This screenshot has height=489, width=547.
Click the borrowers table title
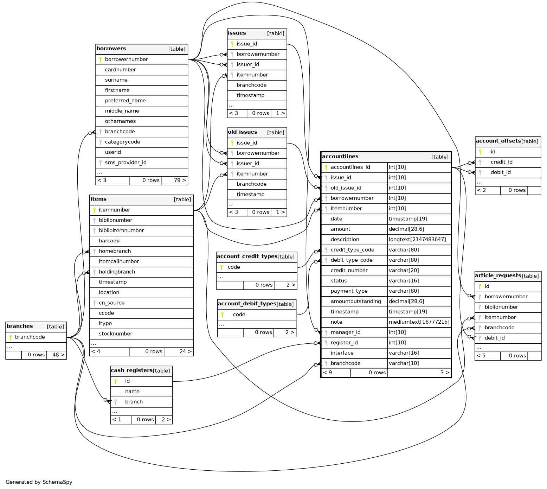[111, 49]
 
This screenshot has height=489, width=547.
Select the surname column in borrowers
[116, 80]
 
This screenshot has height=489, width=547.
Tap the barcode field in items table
[109, 241]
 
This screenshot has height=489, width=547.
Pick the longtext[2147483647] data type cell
[417, 240]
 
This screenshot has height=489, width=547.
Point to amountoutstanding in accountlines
[355, 301]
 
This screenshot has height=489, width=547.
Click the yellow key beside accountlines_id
[326, 167]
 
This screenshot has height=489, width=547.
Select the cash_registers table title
[131, 370]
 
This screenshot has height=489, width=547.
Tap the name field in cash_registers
[132, 391]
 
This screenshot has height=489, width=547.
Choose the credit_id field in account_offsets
[501, 162]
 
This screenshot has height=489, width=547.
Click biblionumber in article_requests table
[501, 307]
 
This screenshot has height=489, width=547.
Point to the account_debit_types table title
[247, 304]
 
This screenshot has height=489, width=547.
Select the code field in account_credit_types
[234, 267]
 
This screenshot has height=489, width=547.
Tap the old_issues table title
[242, 132]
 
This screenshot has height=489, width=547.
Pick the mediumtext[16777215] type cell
[419, 322]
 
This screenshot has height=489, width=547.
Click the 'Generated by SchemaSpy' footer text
[39, 482]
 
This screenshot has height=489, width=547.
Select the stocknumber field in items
[115, 334]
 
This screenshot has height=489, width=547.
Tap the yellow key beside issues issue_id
[232, 44]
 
